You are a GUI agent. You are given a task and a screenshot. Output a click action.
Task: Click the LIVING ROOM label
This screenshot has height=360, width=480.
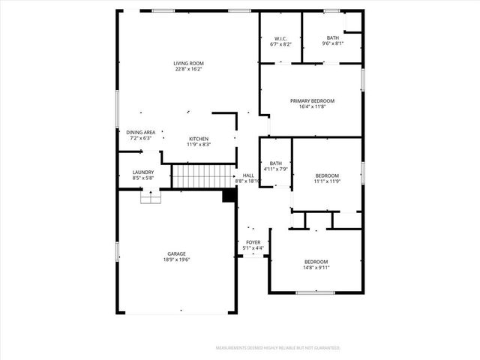[x=188, y=63]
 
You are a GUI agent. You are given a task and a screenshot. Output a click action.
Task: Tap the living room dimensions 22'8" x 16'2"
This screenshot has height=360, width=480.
[x=188, y=69]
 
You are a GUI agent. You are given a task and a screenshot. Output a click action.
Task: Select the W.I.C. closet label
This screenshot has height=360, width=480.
[x=280, y=38]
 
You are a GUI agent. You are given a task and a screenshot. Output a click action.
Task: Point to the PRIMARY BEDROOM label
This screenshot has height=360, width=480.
[x=312, y=100]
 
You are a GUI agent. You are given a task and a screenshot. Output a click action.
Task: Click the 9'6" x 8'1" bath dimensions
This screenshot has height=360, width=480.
[x=333, y=43]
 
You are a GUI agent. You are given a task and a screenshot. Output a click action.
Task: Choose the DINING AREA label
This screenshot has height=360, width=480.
[x=140, y=132]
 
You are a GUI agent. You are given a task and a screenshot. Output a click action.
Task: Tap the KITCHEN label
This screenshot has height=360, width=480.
[x=199, y=138]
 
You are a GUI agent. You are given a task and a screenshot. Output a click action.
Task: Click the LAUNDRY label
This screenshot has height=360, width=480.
[x=142, y=172]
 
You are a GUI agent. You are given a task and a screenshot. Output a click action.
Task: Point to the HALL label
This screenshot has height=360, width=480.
[x=249, y=175]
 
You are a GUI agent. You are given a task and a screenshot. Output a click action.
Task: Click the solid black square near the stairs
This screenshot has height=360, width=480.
[x=229, y=195]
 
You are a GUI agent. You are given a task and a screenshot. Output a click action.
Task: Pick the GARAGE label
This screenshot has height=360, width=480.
[x=177, y=253]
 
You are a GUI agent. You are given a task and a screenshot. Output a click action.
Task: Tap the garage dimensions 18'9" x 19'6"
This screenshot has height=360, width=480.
[x=177, y=259]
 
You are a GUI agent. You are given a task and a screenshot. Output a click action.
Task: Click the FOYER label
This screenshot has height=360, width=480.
[x=253, y=242]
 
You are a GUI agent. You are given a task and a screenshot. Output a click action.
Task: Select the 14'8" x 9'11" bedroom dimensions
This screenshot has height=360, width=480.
[x=316, y=267]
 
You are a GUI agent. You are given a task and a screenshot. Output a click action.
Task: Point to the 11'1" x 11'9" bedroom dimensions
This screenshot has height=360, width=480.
[x=327, y=181]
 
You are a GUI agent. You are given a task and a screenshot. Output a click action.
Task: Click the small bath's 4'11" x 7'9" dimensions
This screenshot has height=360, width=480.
[x=276, y=169]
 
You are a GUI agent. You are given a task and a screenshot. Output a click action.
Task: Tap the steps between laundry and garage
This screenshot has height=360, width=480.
[x=151, y=196]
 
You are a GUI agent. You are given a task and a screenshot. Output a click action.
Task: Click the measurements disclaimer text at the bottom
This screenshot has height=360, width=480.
[x=278, y=348]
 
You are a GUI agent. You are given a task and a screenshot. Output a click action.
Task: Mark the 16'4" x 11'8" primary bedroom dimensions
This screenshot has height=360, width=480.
[x=312, y=106]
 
